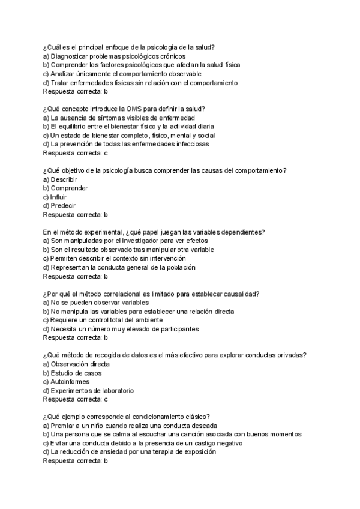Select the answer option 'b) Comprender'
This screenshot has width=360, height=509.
point(65,188)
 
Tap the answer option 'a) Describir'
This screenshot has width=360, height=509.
point(61,179)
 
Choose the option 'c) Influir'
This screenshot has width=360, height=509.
point(55,196)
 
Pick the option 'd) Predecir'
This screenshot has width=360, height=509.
point(59,205)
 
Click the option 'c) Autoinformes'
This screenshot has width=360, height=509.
point(67,381)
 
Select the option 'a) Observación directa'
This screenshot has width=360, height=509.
point(76,364)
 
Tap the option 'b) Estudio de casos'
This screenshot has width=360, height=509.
point(73,373)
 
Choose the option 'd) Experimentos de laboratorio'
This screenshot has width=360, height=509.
point(88,390)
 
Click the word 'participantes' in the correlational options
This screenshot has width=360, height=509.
point(178,328)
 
